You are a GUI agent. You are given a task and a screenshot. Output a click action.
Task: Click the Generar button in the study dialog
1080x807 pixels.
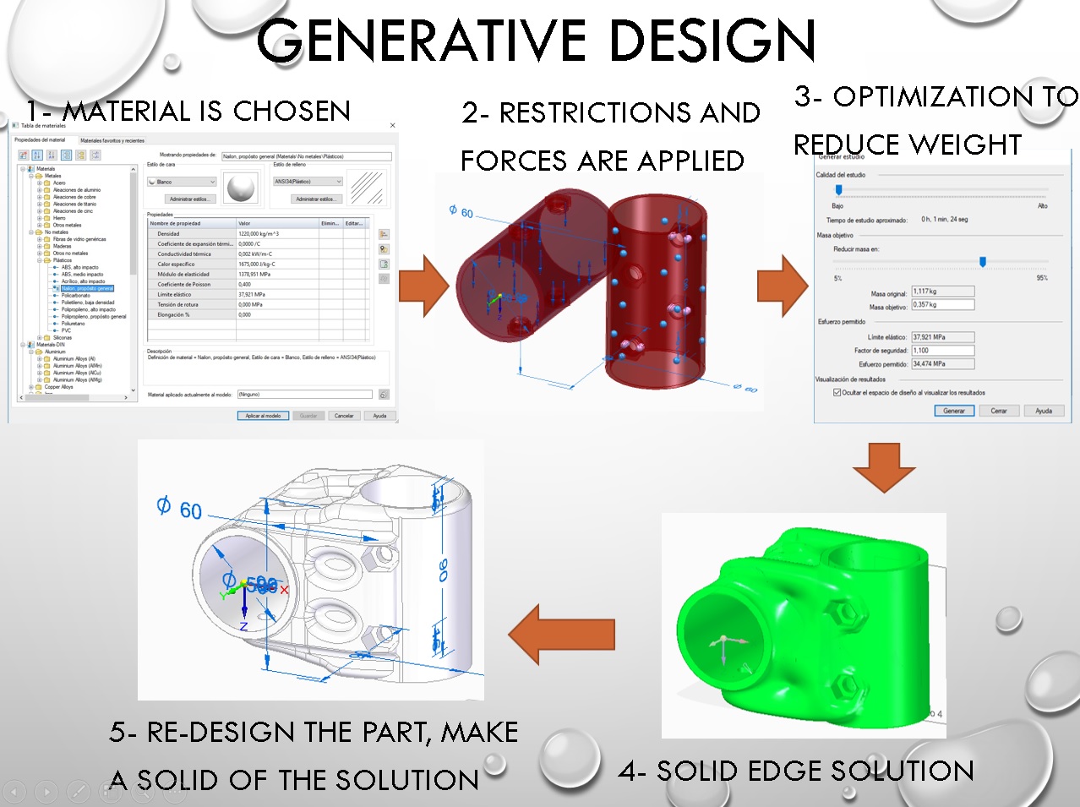pyautogui.click(x=953, y=411)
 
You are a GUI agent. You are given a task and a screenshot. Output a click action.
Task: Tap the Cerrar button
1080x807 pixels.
pyautogui.click(x=999, y=411)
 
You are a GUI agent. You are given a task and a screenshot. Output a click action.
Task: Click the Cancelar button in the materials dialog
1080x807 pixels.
pyautogui.click(x=344, y=416)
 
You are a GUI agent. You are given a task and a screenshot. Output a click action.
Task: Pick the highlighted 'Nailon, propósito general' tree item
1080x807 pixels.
pyautogui.click(x=87, y=288)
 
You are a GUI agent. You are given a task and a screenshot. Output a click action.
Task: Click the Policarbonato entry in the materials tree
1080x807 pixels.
pyautogui.click(x=76, y=296)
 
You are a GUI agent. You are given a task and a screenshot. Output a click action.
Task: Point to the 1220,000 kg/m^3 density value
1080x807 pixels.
pyautogui.click(x=259, y=233)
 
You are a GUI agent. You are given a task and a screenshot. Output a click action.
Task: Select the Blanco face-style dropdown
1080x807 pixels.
pyautogui.click(x=183, y=182)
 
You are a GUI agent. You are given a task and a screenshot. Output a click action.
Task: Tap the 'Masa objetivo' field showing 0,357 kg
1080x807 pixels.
pyautogui.click(x=942, y=305)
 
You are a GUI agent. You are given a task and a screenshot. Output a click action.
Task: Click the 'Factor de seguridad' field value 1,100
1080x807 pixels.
pyautogui.click(x=942, y=351)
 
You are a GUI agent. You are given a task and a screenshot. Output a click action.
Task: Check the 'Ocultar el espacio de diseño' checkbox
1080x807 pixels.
pyautogui.click(x=837, y=392)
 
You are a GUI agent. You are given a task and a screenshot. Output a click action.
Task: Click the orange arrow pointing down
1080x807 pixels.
pyautogui.click(x=884, y=466)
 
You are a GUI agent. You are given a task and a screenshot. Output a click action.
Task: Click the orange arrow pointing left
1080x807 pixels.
pyautogui.click(x=561, y=634)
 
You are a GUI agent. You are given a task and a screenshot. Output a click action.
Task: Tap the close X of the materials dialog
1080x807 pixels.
pyautogui.click(x=392, y=125)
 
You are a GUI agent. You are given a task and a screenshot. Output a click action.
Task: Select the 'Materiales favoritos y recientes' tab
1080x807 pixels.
pyautogui.click(x=112, y=140)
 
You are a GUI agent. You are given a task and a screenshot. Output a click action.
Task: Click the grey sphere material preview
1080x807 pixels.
pyautogui.click(x=242, y=188)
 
